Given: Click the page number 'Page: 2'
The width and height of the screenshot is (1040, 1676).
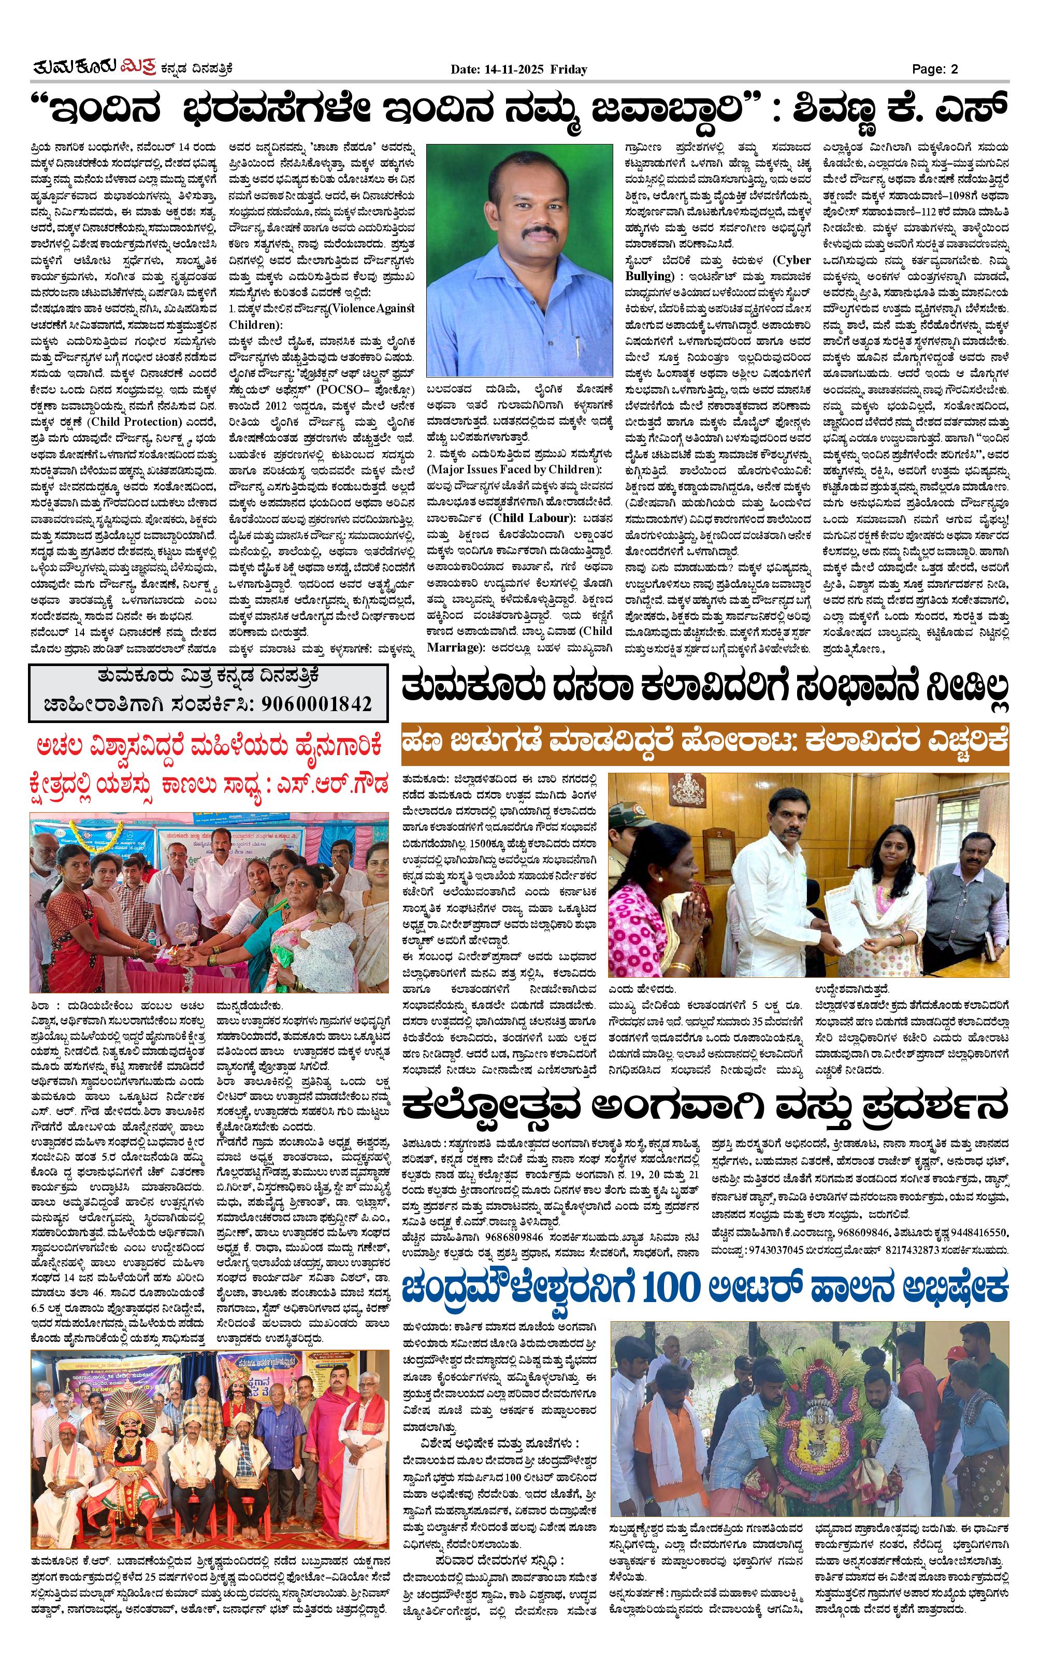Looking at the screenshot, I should [x=935, y=69].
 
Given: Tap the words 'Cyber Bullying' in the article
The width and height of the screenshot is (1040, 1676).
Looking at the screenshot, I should [x=717, y=268].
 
